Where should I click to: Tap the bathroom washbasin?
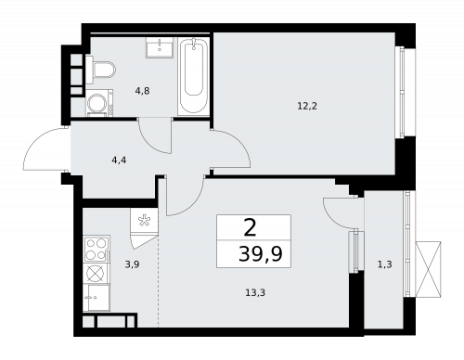point(161,47)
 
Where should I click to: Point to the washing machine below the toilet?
point(97,104)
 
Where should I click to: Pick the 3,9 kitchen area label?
point(133,265)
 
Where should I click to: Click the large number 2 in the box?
point(250,227)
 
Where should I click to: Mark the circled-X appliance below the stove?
point(96,273)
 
